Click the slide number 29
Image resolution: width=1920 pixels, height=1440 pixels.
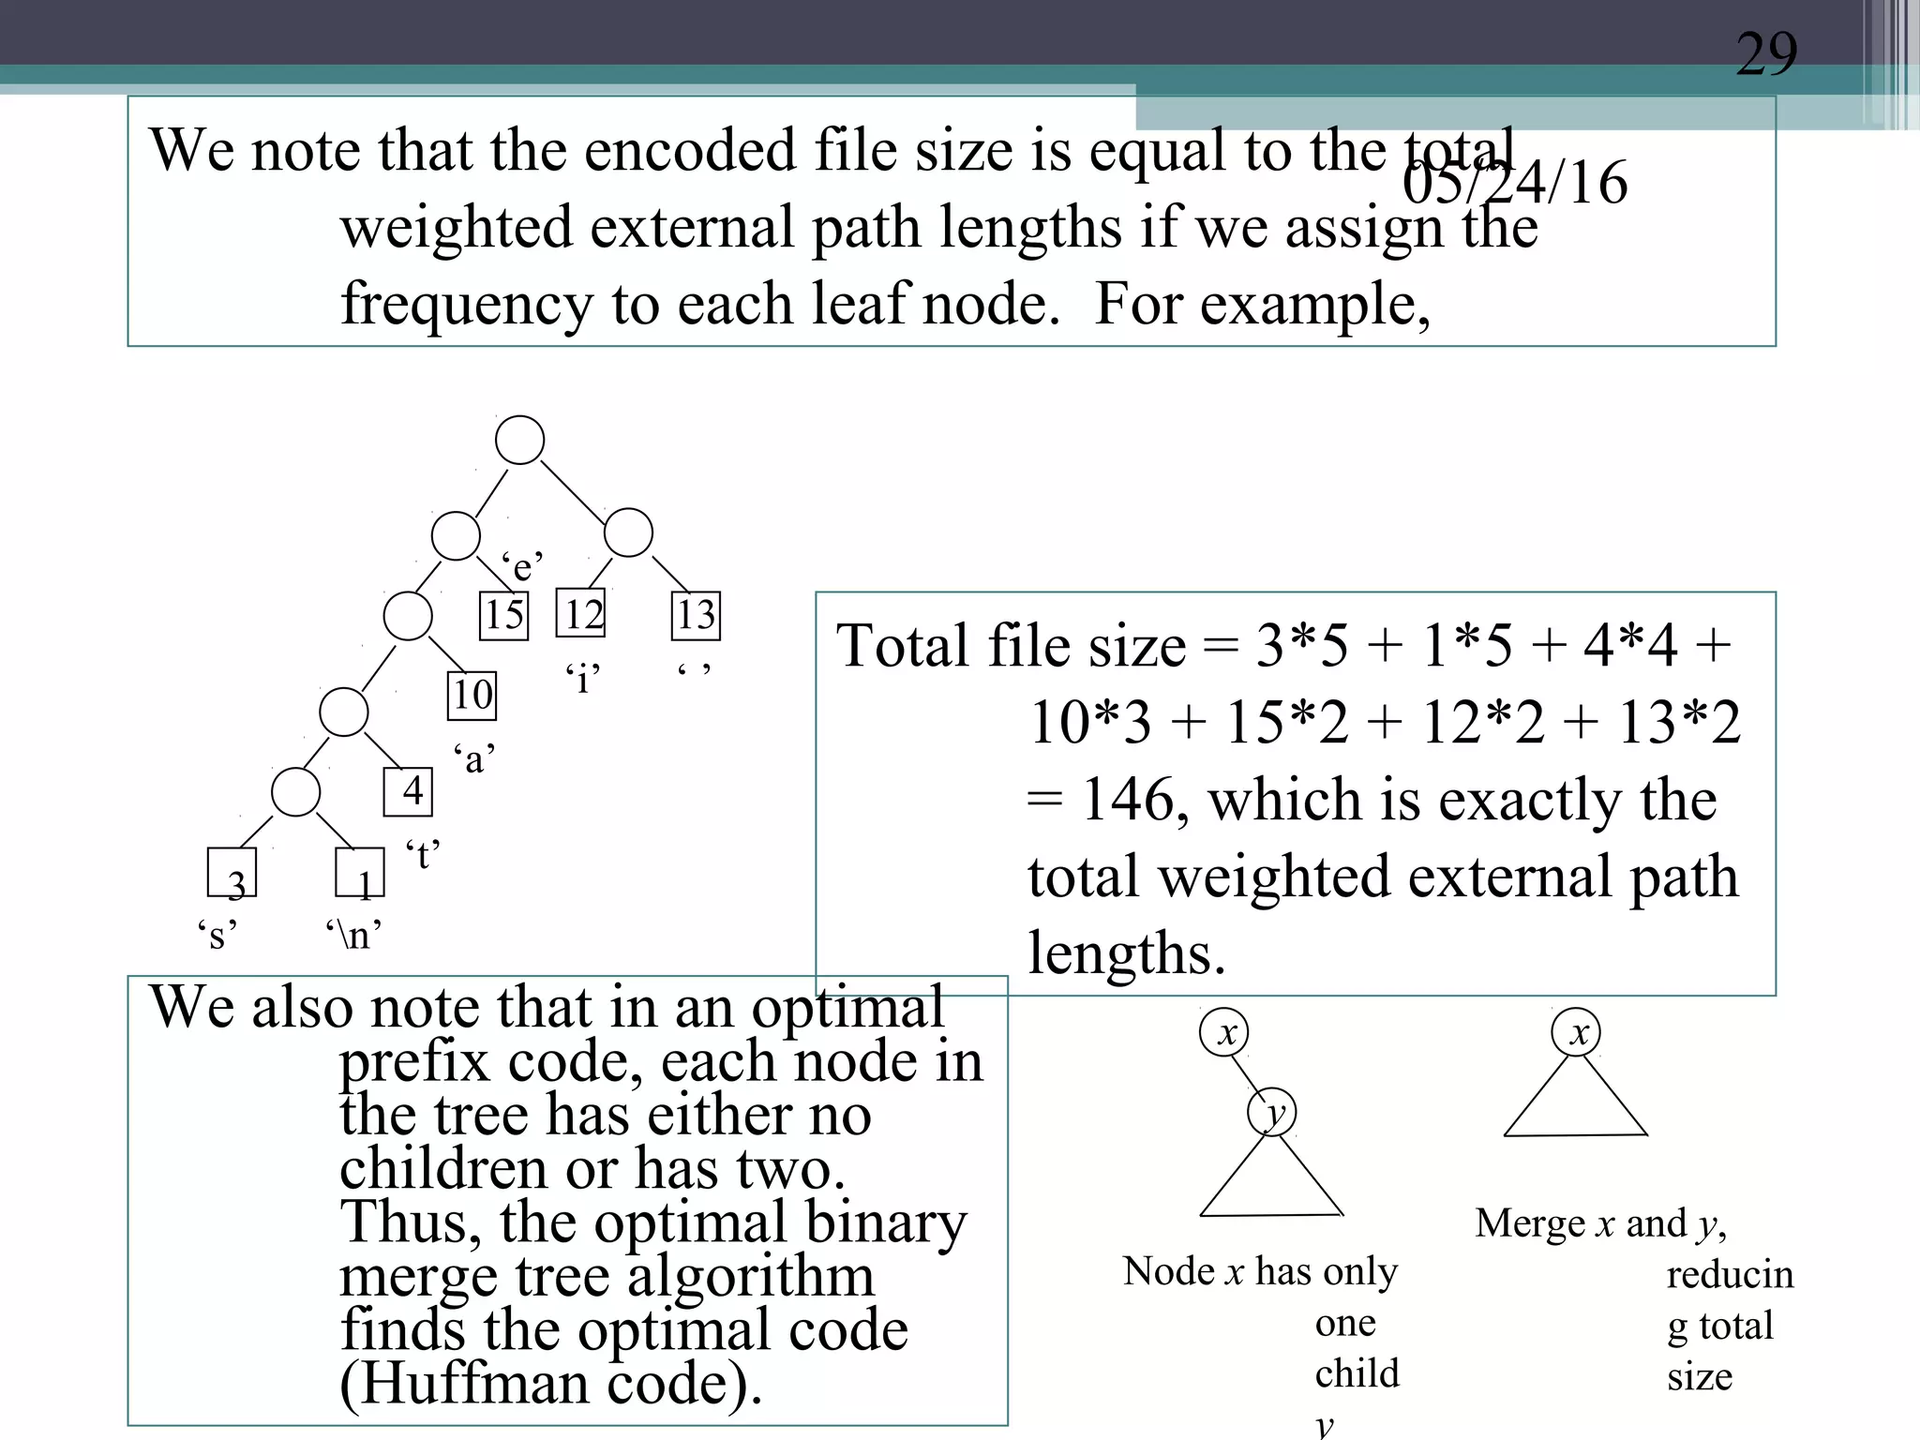tap(1766, 53)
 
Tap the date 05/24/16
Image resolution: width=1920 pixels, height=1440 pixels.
tap(1515, 182)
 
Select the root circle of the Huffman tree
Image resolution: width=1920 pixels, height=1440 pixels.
tap(519, 441)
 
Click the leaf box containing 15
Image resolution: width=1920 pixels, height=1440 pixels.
tap(503, 616)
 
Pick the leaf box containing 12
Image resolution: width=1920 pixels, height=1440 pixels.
tap(581, 614)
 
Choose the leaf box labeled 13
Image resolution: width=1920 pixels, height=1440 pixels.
tap(696, 616)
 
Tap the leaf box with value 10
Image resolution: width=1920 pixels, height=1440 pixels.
tap(472, 696)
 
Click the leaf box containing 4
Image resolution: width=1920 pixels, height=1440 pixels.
tap(409, 791)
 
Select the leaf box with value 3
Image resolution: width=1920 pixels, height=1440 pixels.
tap(232, 873)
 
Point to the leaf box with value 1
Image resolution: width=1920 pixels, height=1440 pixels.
tap(360, 873)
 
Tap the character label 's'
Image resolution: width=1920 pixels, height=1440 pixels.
tap(217, 935)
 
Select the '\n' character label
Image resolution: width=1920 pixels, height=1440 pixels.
tap(353, 935)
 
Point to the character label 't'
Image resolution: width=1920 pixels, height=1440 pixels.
tap(423, 855)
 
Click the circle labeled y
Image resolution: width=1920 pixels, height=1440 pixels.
tap(1272, 1113)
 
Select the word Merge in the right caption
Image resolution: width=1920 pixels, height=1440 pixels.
tap(1529, 1223)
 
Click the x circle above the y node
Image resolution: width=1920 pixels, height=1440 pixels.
tap(1224, 1033)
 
